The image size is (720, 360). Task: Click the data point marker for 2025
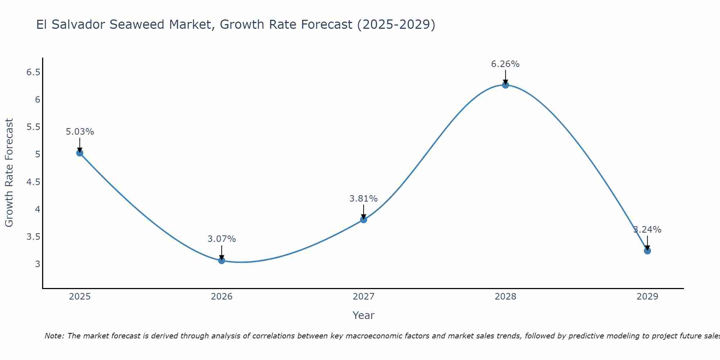tap(80, 153)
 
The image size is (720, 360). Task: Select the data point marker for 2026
tap(221, 260)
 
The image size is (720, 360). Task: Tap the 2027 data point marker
tap(363, 220)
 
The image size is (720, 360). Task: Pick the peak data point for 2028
tap(505, 85)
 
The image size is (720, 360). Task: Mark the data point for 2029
tap(647, 251)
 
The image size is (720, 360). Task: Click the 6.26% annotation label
tap(505, 64)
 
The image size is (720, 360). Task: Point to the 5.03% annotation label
tap(80, 132)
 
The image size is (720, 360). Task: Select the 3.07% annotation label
tap(221, 239)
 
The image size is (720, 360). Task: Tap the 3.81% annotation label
tap(363, 199)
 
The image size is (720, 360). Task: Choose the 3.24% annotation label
tap(647, 230)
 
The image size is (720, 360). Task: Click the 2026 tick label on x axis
tap(221, 297)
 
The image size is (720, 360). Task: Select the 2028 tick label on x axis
tap(505, 297)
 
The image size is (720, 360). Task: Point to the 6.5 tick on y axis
tap(33, 72)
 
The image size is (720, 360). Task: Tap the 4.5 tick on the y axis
tap(33, 182)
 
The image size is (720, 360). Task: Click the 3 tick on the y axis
tap(37, 264)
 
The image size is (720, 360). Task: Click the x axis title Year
tap(363, 315)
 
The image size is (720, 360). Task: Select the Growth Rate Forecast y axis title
tap(9, 173)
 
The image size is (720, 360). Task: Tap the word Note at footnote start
tap(54, 336)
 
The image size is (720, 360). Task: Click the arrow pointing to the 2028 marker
tap(505, 76)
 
